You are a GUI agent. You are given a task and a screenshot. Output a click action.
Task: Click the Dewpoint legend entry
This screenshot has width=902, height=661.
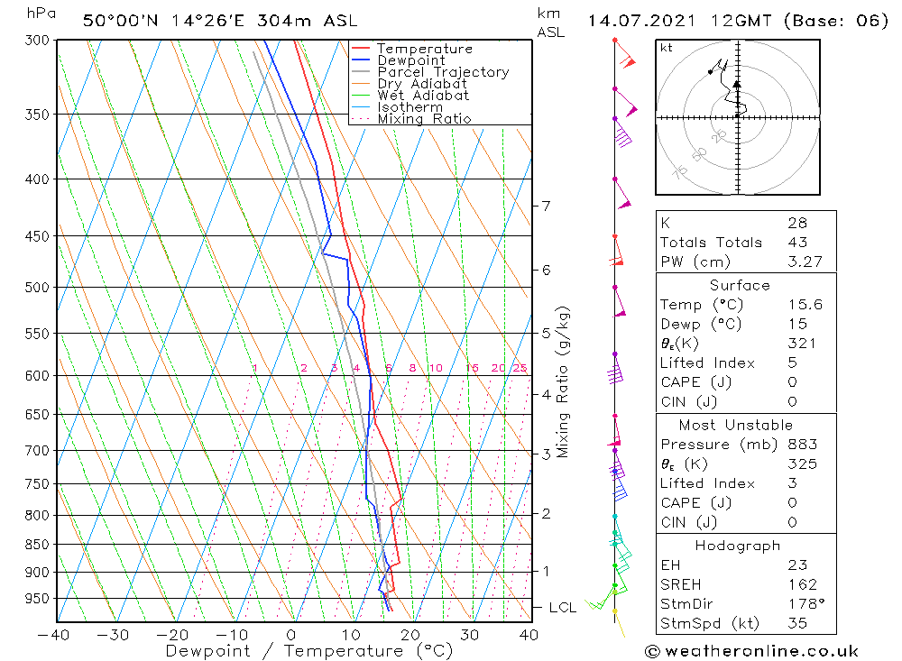coord(410,60)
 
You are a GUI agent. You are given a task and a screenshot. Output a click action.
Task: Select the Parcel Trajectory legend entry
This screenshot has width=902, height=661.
coord(442,72)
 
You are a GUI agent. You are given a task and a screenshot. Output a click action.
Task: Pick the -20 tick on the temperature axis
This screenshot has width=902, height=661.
coord(172,635)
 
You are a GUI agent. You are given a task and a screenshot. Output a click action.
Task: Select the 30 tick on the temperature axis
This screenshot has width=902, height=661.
coord(469,635)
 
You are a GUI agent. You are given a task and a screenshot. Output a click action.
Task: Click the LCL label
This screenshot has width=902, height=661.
coord(563,608)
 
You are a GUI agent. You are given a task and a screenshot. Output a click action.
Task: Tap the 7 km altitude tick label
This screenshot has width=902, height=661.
coord(546,207)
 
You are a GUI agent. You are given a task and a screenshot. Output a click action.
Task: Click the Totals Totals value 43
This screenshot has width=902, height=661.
coord(797,243)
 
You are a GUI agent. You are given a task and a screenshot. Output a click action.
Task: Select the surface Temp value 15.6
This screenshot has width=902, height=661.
coord(805,305)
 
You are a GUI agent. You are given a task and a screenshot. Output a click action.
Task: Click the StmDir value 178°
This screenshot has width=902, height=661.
coord(803,604)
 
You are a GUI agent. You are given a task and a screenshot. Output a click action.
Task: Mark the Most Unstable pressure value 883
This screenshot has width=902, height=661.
coord(801,445)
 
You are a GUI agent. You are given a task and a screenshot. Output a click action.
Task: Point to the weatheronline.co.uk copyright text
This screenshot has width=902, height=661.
coord(752,650)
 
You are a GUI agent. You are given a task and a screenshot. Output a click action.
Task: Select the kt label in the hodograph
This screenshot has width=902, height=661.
coord(667,48)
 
